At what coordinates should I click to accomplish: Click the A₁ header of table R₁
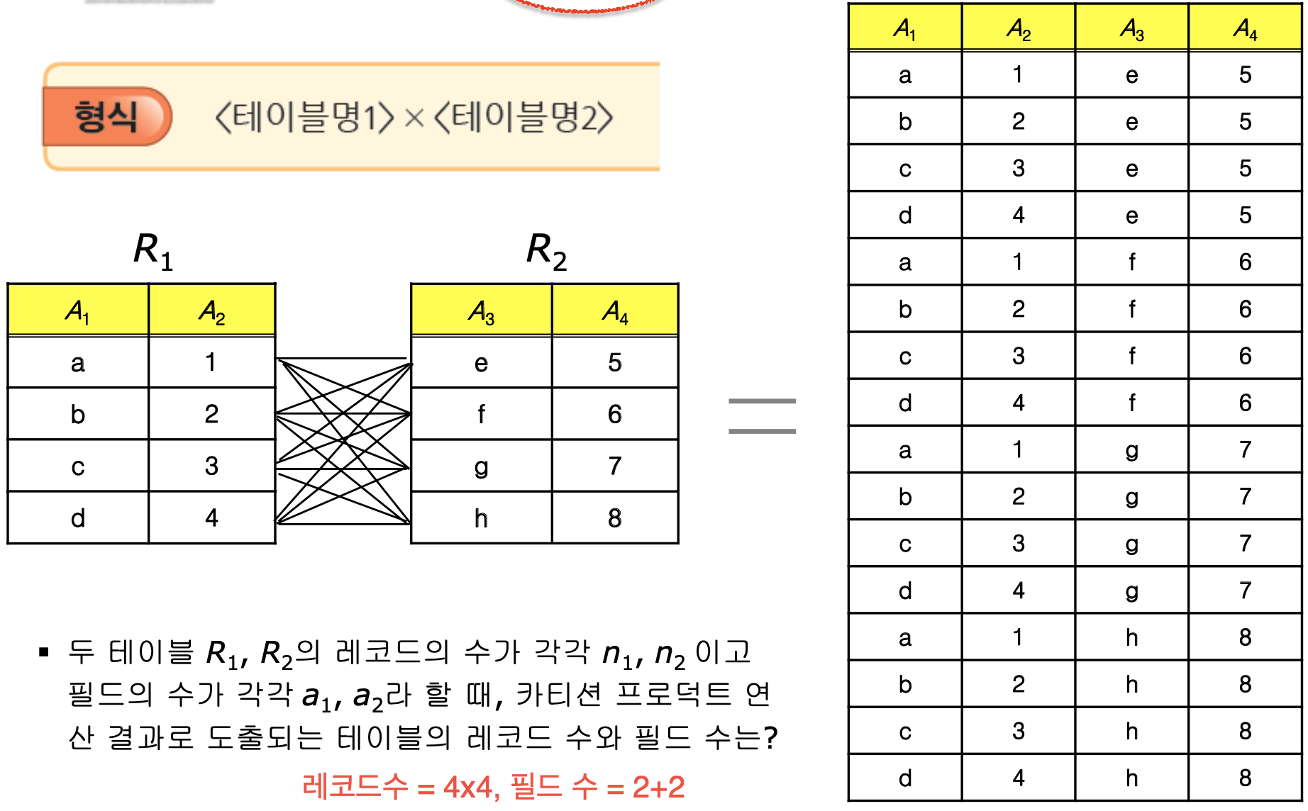[77, 311]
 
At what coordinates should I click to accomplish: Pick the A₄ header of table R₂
[615, 311]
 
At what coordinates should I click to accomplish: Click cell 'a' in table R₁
[77, 363]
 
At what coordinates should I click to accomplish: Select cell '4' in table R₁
[211, 518]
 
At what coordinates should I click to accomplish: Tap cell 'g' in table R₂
[481, 466]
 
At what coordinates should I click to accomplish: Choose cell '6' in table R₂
[615, 414]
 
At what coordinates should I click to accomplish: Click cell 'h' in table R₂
[481, 518]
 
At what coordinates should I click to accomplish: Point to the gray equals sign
[763, 416]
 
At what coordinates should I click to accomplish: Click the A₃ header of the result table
[1131, 28]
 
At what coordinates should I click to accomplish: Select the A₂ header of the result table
[1018, 28]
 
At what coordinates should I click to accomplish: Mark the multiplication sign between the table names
[414, 118]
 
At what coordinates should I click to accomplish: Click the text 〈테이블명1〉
[304, 118]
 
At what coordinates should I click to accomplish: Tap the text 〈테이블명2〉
[523, 118]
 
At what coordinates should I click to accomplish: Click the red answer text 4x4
[467, 787]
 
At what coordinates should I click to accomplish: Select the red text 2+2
[658, 787]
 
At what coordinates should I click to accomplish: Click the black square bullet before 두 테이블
[44, 652]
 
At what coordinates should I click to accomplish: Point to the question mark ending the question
[771, 737]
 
